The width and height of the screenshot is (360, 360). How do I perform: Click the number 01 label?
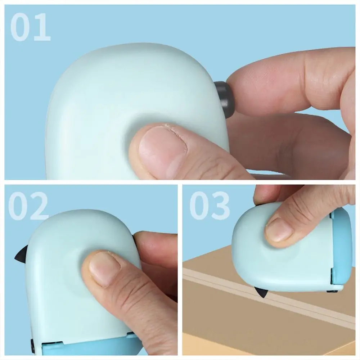click(30, 27)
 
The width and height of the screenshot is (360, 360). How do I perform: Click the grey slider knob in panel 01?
click(224, 99)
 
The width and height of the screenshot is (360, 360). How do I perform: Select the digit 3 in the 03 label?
click(220, 206)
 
